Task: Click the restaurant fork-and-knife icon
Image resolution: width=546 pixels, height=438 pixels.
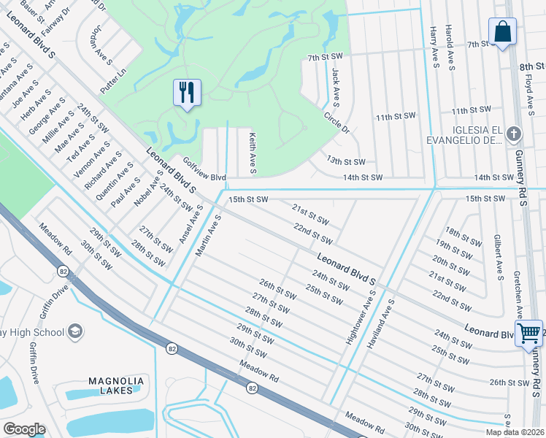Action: tap(188, 92)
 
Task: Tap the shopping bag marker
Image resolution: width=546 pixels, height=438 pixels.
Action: tap(502, 31)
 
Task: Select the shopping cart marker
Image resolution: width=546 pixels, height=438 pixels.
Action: tap(528, 333)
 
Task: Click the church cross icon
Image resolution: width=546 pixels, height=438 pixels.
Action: tap(514, 134)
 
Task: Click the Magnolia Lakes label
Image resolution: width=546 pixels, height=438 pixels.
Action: tap(111, 385)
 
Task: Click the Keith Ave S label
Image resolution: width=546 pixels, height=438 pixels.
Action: tap(252, 153)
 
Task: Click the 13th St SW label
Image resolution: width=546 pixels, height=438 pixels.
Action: tap(345, 161)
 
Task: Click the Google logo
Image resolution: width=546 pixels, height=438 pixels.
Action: tap(24, 429)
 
